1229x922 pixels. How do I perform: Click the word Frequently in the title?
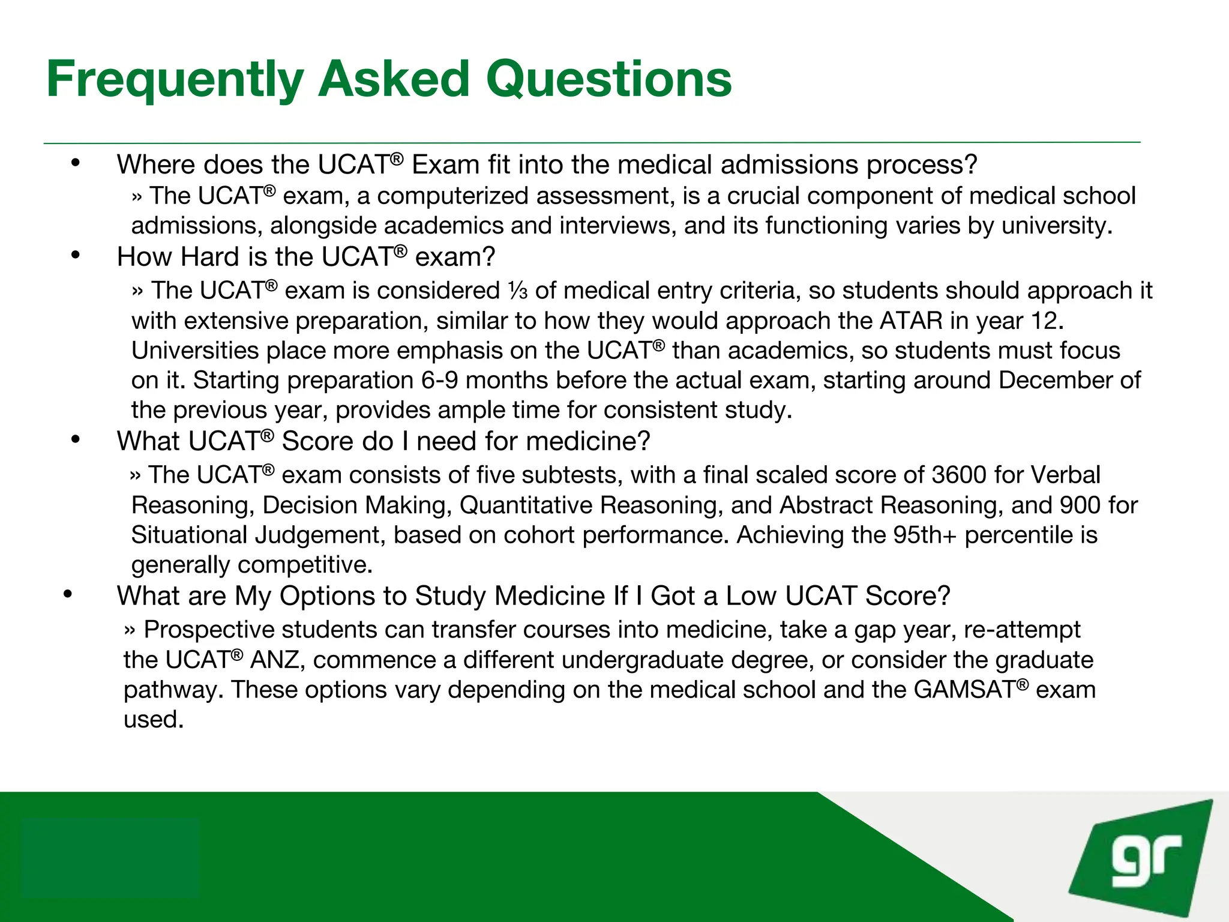(175, 79)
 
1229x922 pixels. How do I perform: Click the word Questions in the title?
(608, 79)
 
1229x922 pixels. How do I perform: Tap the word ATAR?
(911, 321)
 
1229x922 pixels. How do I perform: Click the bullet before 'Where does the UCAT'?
(75, 163)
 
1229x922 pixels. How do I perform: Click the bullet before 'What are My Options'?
(67, 594)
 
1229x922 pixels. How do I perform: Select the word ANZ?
(274, 660)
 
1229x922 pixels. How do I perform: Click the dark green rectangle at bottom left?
(110, 857)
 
